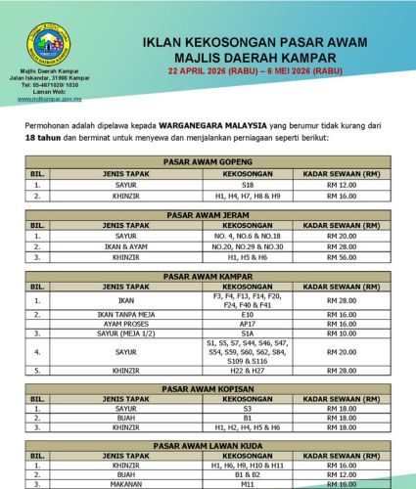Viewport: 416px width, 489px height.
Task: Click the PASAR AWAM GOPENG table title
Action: pos(208,161)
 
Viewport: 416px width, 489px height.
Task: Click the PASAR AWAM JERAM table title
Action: pos(208,214)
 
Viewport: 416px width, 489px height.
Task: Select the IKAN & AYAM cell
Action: pos(125,246)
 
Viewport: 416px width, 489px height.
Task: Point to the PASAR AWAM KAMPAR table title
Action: pos(208,277)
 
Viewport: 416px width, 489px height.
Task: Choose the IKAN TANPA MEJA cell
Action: pos(125,315)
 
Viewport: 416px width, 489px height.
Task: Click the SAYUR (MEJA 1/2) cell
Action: pos(125,333)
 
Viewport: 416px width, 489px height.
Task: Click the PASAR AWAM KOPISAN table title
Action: pos(208,388)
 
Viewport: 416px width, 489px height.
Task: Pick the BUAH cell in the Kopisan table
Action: pos(125,419)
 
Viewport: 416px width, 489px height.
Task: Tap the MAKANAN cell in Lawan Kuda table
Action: pos(125,484)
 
